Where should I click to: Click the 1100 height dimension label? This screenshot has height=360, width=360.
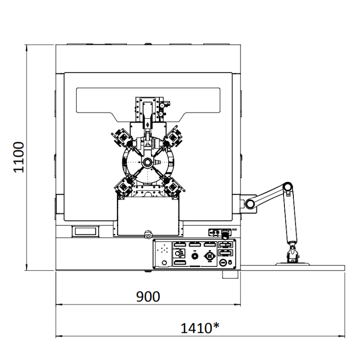(19, 157)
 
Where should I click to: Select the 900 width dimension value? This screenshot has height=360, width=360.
(148, 297)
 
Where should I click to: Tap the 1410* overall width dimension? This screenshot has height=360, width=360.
(200, 328)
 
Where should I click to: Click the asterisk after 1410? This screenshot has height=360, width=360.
(216, 325)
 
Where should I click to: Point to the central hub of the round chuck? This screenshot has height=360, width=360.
(147, 162)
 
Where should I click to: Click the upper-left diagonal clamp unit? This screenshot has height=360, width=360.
(122, 137)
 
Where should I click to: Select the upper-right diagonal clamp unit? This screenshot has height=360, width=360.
(174, 137)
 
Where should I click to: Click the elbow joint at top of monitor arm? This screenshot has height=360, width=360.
(288, 187)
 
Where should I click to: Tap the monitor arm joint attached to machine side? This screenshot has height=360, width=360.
(250, 204)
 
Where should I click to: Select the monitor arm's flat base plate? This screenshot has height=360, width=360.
(292, 264)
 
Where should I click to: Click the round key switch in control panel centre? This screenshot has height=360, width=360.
(195, 256)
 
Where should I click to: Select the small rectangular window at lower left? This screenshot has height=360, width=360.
(85, 231)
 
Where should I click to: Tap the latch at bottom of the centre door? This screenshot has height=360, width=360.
(148, 234)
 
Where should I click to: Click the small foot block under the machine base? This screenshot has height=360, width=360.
(230, 274)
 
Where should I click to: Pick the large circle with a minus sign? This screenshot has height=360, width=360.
(223, 262)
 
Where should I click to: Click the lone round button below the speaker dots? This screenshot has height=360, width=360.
(164, 263)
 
